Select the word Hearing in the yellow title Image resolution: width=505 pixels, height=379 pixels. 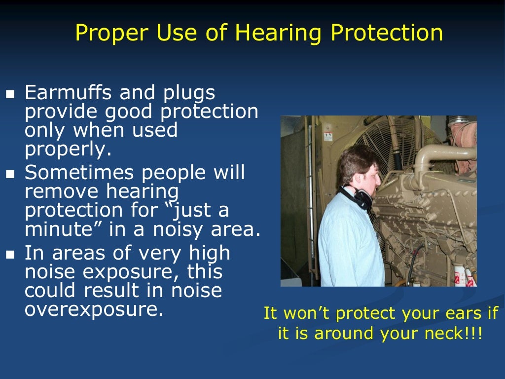[279, 33]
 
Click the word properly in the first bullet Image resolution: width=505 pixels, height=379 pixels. [68, 150]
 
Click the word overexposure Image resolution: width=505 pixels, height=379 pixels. [93, 309]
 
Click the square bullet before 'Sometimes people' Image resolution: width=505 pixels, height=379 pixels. [10, 174]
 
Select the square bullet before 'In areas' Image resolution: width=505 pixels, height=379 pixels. [10, 255]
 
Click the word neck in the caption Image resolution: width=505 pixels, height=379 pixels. [443, 334]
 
